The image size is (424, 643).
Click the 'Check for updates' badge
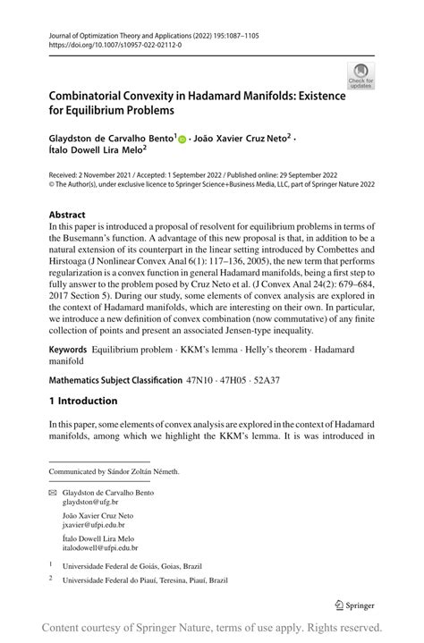360,76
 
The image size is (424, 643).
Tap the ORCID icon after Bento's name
183,140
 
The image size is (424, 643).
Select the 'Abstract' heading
68,215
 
